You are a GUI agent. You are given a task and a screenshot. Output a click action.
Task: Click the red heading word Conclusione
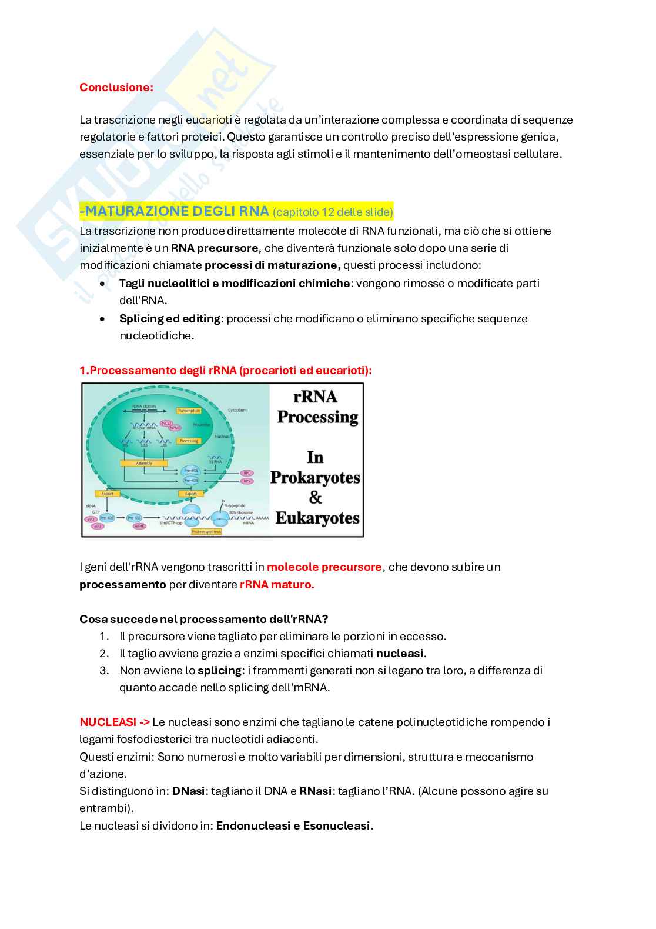coord(116,87)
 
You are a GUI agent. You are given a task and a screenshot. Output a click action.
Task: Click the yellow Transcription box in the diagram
coord(189,411)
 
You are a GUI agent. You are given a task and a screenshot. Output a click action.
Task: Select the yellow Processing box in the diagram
coord(189,441)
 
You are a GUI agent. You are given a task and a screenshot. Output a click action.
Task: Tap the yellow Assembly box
coord(144,464)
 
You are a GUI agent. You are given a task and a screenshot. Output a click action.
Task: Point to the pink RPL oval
coord(247,473)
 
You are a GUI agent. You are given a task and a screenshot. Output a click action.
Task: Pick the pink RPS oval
coord(247,481)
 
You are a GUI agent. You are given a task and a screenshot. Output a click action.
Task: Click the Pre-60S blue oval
coord(191,471)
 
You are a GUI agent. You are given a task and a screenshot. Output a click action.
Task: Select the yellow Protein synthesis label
coord(206,531)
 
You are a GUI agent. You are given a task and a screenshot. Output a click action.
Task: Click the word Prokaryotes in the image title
coord(315,477)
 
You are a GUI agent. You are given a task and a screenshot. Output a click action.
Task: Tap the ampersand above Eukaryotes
coord(316,498)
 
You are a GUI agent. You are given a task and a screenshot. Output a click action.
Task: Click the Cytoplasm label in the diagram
coord(237,410)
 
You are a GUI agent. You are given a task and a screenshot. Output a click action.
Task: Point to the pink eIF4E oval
coord(139,526)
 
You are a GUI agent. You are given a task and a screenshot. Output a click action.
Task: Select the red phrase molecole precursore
coord(324,567)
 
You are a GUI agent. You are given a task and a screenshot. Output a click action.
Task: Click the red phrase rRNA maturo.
coord(277,585)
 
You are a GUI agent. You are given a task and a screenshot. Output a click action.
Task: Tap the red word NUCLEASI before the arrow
coord(108,722)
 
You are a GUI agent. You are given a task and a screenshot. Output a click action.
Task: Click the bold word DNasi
coord(188,791)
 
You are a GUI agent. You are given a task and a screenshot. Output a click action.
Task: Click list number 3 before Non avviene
coord(104,670)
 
